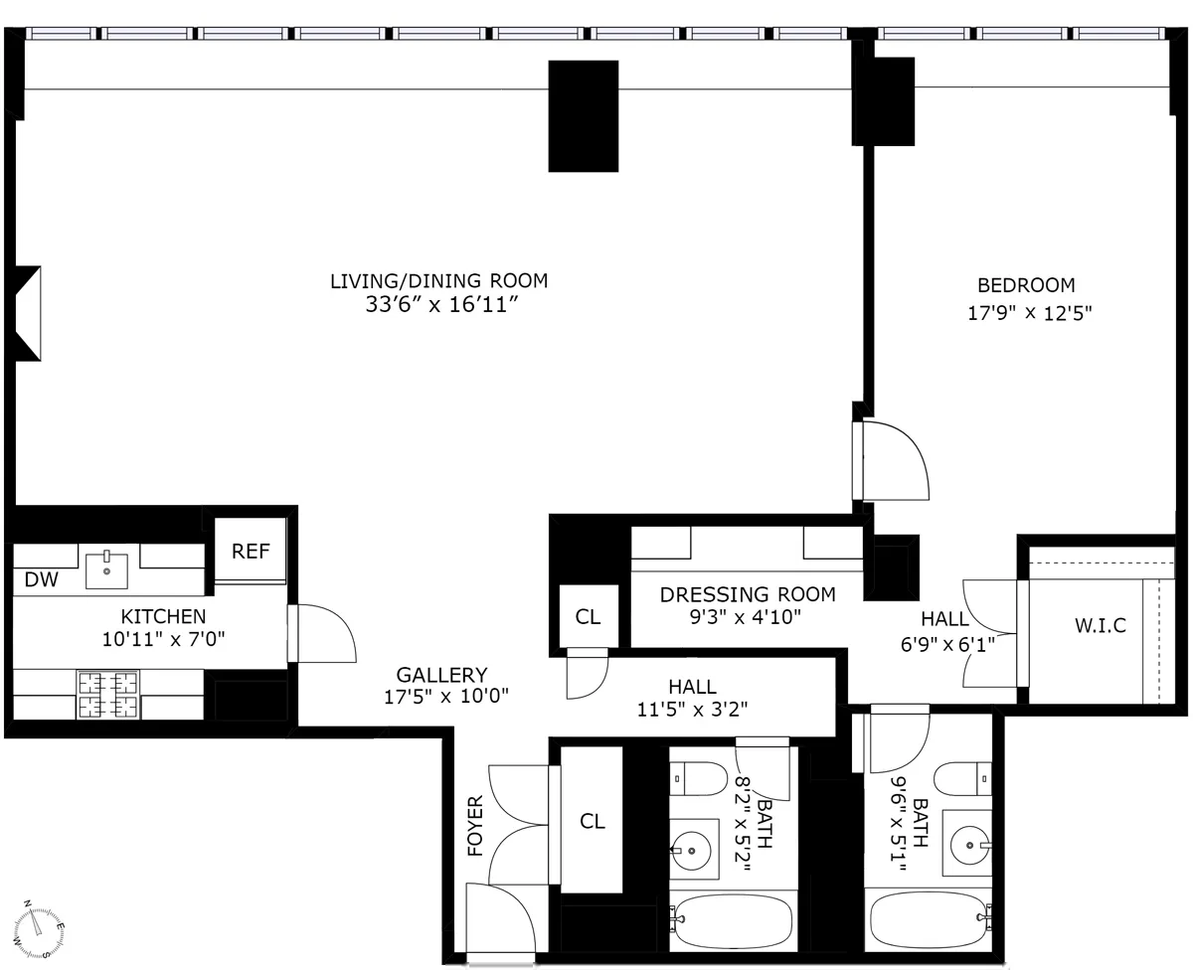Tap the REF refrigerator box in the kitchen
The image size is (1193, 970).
click(x=251, y=551)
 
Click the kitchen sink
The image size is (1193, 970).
click(x=106, y=570)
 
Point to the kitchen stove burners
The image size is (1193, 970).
click(x=108, y=695)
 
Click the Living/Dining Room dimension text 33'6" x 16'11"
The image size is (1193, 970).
click(x=438, y=306)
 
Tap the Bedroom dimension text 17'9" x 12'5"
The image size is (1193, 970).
click(x=1030, y=313)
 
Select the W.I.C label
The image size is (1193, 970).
click(x=1101, y=627)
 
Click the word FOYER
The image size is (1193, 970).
click(x=475, y=824)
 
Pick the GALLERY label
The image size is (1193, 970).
click(x=441, y=675)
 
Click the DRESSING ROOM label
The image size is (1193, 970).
click(x=747, y=594)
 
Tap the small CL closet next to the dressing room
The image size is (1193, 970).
click(x=588, y=616)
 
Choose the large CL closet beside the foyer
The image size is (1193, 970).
click(x=593, y=821)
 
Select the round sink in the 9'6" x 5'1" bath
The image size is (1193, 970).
click(x=966, y=845)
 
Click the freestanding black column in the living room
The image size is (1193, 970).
click(x=584, y=115)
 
